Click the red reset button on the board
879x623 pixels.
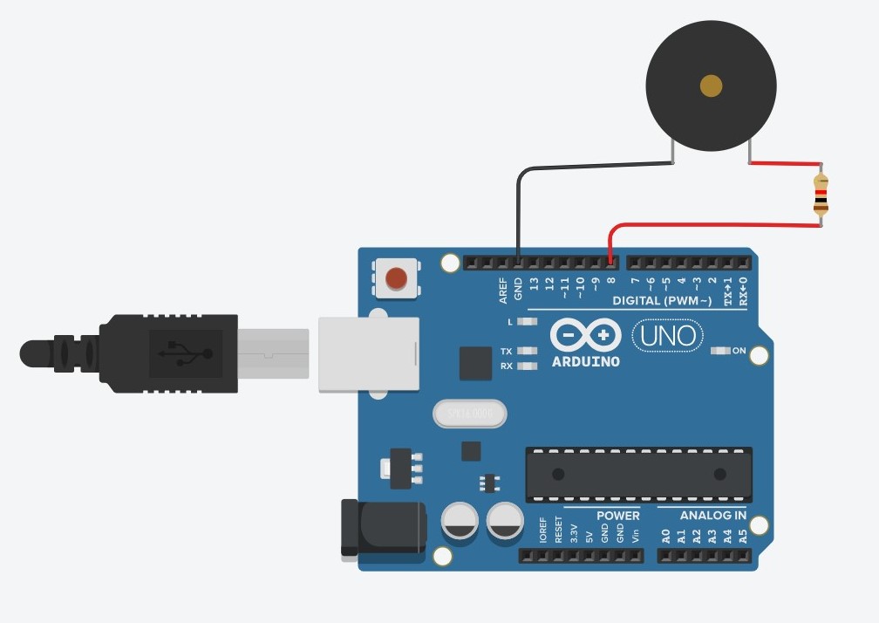[x=396, y=278]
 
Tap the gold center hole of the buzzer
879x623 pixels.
[x=711, y=85]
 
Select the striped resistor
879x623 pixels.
[x=821, y=195]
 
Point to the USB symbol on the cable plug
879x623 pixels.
[x=183, y=353]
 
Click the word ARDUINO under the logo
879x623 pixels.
[x=586, y=361]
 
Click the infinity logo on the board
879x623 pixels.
[x=586, y=335]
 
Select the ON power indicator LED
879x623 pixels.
[x=721, y=351]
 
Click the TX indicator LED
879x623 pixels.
[x=525, y=351]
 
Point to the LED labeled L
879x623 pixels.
[x=525, y=322]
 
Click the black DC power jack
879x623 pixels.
[x=382, y=527]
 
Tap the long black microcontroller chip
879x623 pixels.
[x=638, y=474]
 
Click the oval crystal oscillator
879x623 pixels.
[x=469, y=414]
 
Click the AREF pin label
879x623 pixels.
[x=503, y=291]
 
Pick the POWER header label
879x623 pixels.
[x=618, y=515]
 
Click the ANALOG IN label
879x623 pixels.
[x=712, y=515]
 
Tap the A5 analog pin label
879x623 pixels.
[x=743, y=536]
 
